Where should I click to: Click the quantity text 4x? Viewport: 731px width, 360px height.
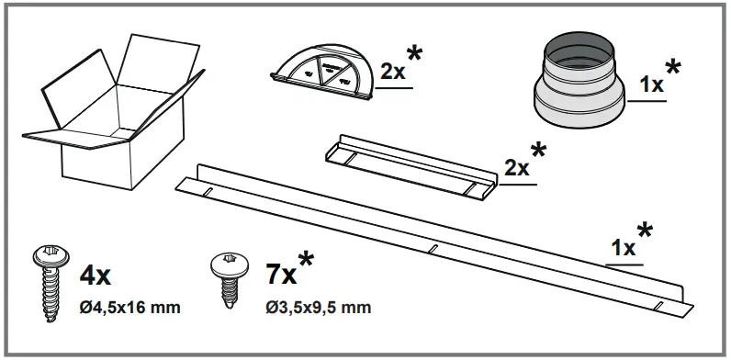pyautogui.click(x=96, y=274)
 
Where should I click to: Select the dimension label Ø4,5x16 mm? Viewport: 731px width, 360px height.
pyautogui.click(x=129, y=306)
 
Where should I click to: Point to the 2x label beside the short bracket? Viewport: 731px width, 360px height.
pyautogui.click(x=518, y=169)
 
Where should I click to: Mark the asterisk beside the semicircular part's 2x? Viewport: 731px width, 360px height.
pyautogui.click(x=416, y=54)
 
